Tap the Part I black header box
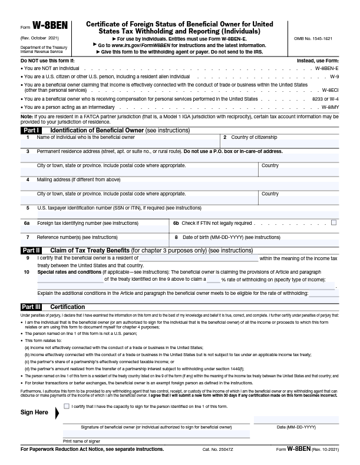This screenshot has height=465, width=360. click(x=31, y=129)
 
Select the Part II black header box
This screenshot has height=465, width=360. click(x=31, y=250)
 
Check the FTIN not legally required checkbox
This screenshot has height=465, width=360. click(x=334, y=223)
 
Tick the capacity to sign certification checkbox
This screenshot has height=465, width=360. click(x=67, y=406)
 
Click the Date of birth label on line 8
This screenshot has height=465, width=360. click(x=223, y=237)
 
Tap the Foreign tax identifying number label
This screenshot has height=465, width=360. click(x=88, y=224)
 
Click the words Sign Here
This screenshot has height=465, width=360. click(x=34, y=413)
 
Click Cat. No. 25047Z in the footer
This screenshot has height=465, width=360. click(x=219, y=450)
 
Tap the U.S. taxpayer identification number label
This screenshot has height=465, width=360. click(x=119, y=208)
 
